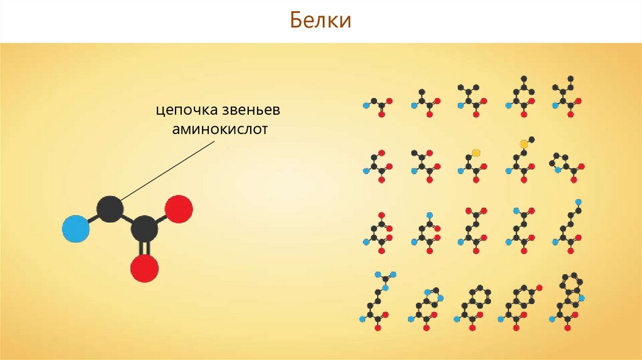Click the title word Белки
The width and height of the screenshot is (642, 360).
point(320,21)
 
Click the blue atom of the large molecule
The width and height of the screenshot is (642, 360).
point(76,230)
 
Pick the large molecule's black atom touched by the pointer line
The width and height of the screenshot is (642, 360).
point(110,209)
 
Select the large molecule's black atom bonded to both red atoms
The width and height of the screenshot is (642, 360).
point(145,230)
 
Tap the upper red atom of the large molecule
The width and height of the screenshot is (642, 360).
point(179,209)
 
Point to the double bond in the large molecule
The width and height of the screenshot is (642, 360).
point(145,250)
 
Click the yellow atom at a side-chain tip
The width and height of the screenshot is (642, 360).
point(476,152)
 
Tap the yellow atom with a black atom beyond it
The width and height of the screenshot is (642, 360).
point(524,144)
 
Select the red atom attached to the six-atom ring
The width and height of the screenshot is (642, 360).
point(539,288)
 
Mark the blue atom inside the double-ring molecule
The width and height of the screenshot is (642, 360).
point(582,297)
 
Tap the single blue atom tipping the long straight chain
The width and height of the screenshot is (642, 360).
point(578,202)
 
